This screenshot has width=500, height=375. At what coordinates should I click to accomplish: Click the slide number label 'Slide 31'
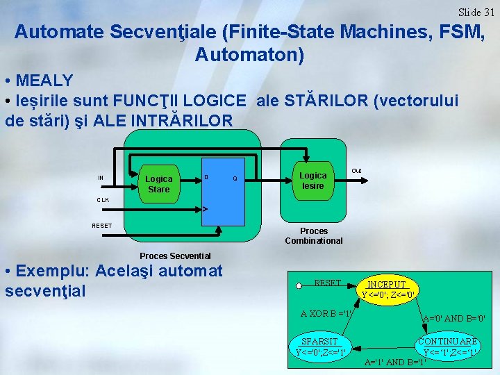(476, 12)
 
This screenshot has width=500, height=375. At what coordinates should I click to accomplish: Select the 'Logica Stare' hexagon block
(158, 184)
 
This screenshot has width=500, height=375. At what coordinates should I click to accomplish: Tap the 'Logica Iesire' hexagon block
(312, 181)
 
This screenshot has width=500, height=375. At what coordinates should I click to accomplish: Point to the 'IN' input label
(101, 178)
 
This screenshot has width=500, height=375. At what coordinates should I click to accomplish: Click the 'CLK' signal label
(103, 200)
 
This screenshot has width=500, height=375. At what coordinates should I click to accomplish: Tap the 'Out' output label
(356, 171)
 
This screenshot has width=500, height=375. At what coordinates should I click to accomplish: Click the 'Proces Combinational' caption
(314, 236)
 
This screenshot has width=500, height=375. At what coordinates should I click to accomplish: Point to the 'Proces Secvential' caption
(175, 256)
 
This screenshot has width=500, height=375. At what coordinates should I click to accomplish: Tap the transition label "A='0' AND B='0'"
(454, 319)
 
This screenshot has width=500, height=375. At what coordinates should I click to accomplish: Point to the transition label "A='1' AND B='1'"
(394, 362)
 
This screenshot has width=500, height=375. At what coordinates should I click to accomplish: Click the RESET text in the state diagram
(327, 283)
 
